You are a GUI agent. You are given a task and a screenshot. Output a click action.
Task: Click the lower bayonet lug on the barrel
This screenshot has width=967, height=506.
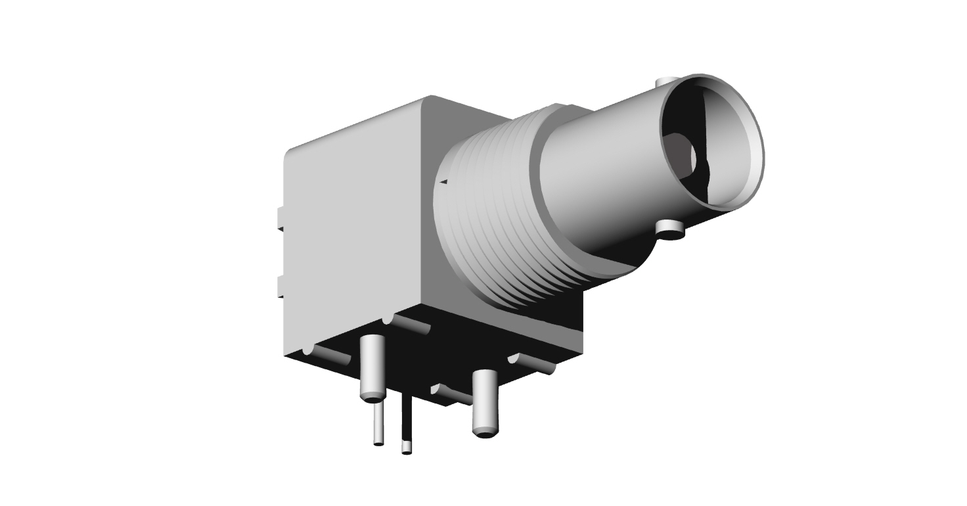670,229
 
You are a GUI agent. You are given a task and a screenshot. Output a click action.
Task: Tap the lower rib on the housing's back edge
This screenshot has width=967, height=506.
280,287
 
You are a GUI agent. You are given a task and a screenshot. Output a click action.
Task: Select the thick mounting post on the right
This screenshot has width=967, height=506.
485,401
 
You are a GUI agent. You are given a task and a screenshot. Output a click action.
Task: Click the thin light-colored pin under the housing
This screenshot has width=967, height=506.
378,424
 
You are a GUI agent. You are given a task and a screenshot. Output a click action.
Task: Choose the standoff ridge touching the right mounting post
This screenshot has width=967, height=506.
453,394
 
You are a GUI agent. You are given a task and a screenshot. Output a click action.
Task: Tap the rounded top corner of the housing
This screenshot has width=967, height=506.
430,101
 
